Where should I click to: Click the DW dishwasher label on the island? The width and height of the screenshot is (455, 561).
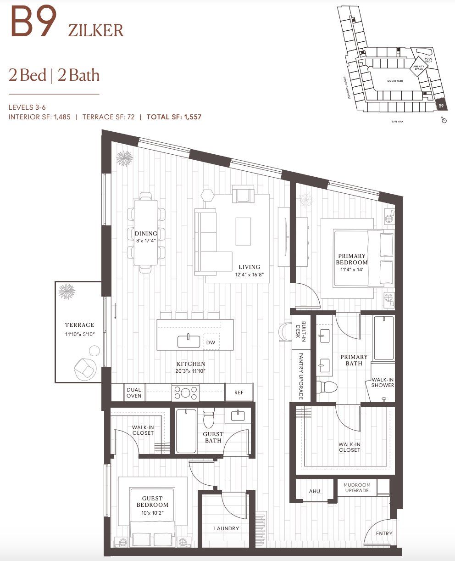211,342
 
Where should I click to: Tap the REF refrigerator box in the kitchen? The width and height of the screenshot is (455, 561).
239,393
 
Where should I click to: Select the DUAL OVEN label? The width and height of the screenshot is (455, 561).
134,393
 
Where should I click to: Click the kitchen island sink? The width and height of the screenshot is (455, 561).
189,342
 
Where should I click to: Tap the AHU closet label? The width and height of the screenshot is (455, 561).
314,491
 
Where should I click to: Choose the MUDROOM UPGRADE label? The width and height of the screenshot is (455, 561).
357,488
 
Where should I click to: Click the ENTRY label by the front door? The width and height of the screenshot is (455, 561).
384,533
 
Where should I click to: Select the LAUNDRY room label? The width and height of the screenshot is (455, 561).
226,528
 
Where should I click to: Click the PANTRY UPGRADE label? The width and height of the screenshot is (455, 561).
301,376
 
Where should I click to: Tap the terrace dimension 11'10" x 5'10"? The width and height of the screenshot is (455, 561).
79,334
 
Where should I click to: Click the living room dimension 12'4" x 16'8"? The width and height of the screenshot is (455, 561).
249,274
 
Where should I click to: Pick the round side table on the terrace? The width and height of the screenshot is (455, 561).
94,351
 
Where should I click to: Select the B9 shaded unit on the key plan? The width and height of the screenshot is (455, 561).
440,106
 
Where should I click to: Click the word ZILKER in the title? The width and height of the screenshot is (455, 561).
95,30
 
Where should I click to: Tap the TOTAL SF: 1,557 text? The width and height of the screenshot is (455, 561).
174,117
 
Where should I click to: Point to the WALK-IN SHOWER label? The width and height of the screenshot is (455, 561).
383,382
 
